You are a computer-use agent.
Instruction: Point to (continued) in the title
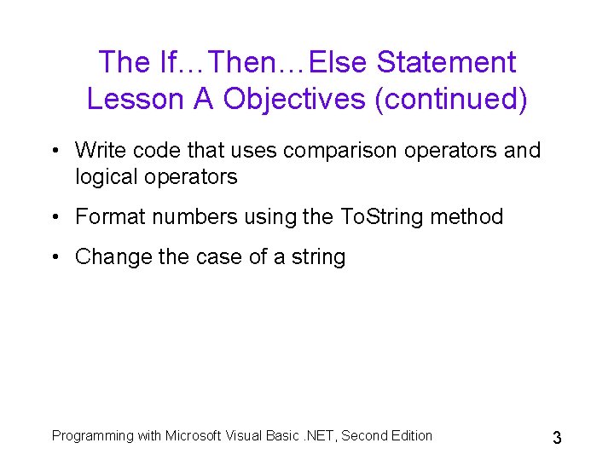(451, 100)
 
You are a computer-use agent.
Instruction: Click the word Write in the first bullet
(99, 151)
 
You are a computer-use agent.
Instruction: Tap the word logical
(106, 176)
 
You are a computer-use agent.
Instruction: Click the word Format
(106, 217)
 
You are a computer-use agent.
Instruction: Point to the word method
(467, 217)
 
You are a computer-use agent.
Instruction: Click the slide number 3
(557, 439)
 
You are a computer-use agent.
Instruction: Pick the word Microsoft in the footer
(194, 435)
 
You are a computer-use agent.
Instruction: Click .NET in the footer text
(316, 435)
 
